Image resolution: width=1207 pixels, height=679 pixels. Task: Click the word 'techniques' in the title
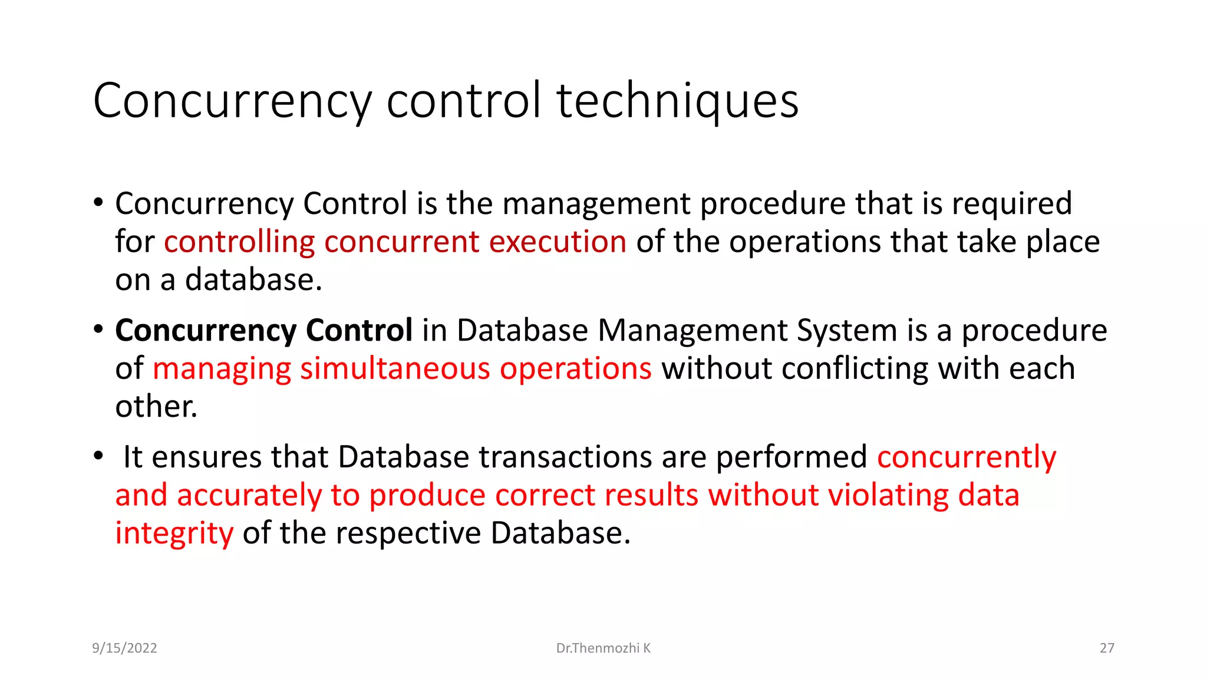click(677, 101)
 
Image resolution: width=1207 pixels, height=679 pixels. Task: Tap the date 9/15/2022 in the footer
click(124, 648)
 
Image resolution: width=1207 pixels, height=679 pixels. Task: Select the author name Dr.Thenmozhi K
click(603, 648)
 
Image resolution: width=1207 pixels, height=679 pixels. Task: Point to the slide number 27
click(1107, 648)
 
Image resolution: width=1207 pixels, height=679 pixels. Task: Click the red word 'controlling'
click(239, 242)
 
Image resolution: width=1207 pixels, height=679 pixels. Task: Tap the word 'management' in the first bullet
click(596, 204)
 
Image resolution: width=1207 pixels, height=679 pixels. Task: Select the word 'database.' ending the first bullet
click(253, 280)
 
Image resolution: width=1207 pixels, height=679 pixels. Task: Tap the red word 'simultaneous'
click(395, 369)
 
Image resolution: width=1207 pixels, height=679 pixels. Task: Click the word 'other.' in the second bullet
click(156, 407)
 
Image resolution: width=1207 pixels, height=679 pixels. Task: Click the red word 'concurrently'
click(967, 457)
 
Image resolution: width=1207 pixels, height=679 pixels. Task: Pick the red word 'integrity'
click(174, 533)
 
